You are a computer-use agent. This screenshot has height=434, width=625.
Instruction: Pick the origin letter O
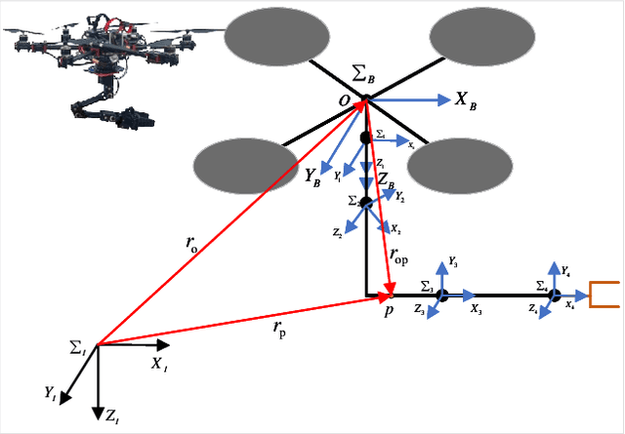(345, 100)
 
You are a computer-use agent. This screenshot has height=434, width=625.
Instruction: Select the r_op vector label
(398, 254)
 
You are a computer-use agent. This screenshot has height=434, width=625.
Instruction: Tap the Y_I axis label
(50, 392)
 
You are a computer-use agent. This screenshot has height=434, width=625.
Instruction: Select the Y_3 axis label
(453, 262)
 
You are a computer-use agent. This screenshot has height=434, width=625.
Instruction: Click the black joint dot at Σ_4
(554, 295)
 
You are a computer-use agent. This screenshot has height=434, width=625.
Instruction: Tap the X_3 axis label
(475, 309)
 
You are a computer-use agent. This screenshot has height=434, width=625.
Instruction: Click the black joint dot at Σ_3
(441, 295)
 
